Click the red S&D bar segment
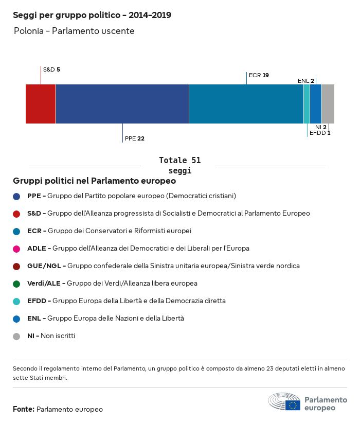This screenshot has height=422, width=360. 41,104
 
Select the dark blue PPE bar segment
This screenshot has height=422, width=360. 122,104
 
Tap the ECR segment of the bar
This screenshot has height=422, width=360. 246,104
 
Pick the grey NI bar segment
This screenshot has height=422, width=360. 328,104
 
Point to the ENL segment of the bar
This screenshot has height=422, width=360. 316,104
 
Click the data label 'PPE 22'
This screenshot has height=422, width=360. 135,138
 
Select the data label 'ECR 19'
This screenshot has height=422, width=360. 259,75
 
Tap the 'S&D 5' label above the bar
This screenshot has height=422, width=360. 51,69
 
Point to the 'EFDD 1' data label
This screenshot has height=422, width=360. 320,133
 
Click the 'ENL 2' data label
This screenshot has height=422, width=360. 305,81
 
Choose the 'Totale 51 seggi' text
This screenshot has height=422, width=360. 179,165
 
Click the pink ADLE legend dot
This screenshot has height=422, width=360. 16,249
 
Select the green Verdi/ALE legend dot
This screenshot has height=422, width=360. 16,284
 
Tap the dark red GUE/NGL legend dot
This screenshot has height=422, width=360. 16,266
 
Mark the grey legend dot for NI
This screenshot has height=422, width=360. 16,336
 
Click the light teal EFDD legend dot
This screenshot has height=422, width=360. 16,301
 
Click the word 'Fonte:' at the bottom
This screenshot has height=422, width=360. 24,409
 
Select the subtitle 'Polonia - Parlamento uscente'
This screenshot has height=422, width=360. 74,31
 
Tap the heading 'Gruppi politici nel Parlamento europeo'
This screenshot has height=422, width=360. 95,181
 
